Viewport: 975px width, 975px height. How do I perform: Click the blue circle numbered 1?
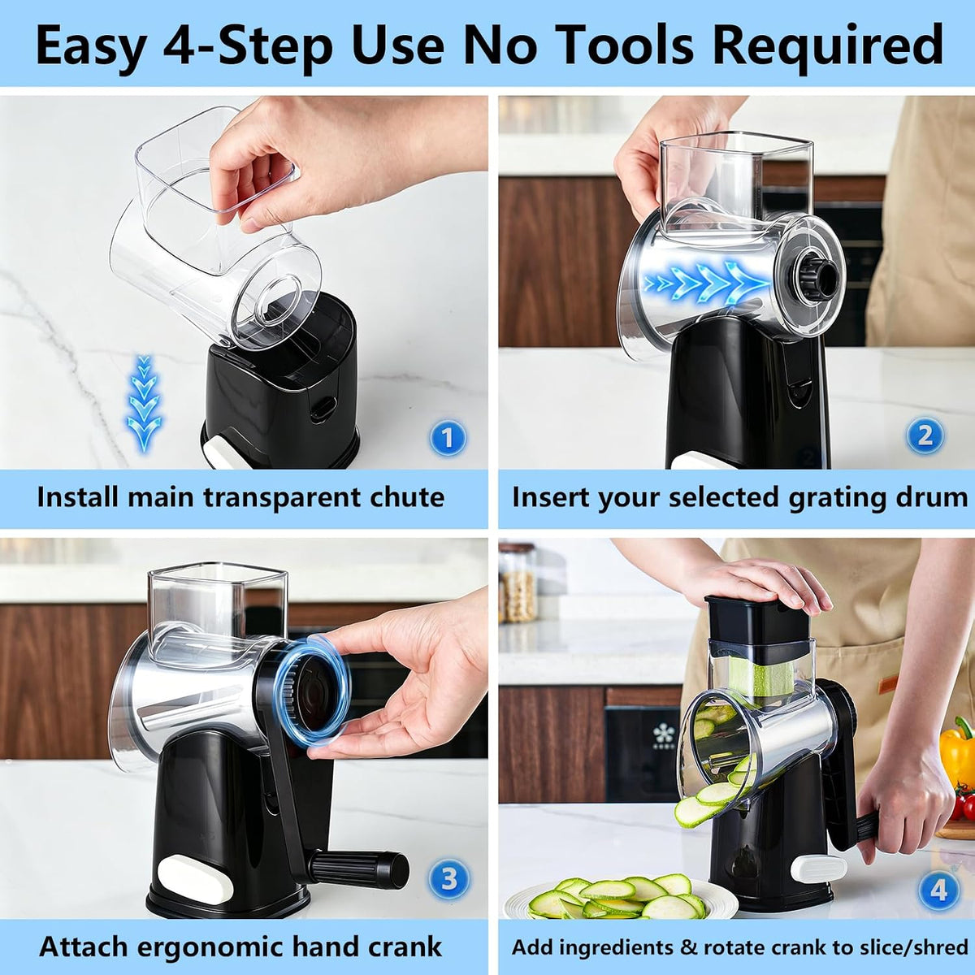pos(448,438)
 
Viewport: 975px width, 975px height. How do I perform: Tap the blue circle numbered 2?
pos(925,435)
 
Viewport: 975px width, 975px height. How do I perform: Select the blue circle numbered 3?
pos(448,879)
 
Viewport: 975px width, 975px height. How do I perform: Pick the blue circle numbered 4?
pos(938,889)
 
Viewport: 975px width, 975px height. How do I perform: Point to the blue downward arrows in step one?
pos(144,402)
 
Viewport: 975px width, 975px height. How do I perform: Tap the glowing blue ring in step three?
pos(312,688)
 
